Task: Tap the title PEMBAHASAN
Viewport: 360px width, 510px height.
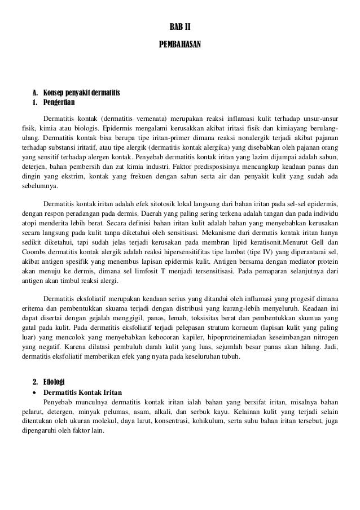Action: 180,43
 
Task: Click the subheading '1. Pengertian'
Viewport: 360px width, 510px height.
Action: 54,103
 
